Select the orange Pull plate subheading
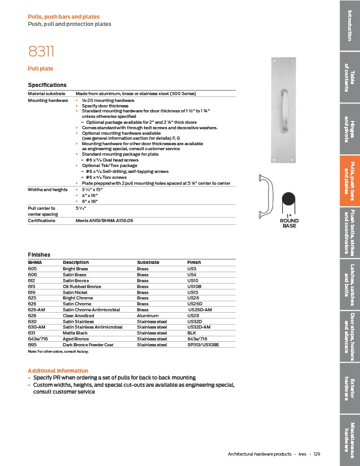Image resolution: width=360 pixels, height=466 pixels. tap(41, 69)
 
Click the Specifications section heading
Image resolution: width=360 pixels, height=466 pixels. tap(47, 85)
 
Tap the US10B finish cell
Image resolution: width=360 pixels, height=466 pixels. tap(194, 287)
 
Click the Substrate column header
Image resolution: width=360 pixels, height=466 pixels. tap(148, 263)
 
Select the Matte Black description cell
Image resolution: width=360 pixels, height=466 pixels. tap(76, 333)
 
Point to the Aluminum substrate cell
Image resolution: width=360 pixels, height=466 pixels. tap(147, 315)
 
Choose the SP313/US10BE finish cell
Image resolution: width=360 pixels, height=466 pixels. tap(203, 345)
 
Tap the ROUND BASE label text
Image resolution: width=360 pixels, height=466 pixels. tap(289, 223)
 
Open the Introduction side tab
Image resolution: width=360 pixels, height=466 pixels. tap(350, 25)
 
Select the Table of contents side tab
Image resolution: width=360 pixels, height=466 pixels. tap(350, 77)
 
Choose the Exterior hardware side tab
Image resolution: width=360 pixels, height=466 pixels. tap(350, 389)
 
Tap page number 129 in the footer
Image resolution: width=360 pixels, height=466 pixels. tap(317, 454)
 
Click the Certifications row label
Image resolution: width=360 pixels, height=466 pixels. tap(41, 221)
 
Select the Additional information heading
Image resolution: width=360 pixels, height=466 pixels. tap(58, 371)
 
